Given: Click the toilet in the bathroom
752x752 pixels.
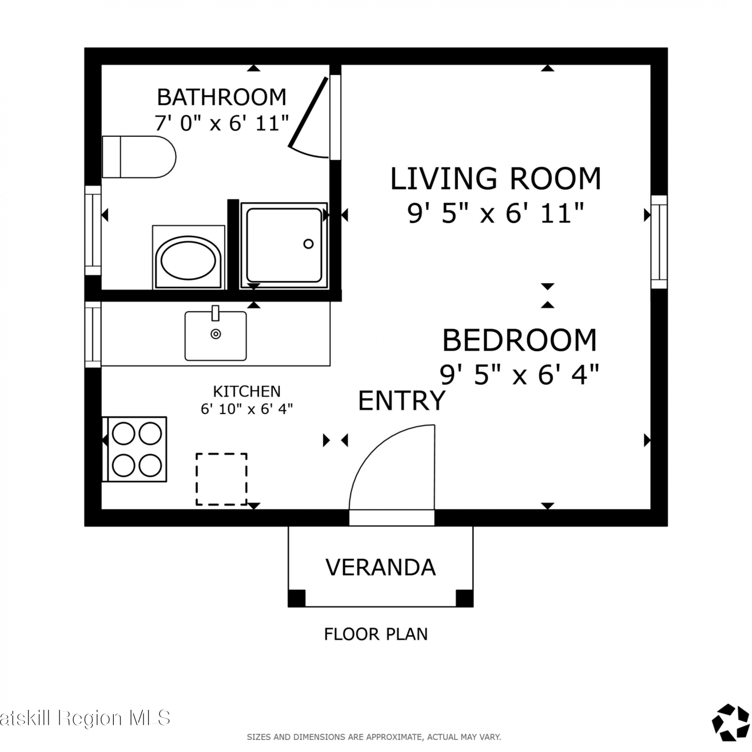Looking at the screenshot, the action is [x=139, y=156].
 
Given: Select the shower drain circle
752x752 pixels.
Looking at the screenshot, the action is [x=308, y=244].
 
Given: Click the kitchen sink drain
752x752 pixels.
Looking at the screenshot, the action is [x=216, y=334].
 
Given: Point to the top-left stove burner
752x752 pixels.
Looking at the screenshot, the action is [x=123, y=434].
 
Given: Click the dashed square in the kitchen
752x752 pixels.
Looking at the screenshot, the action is [x=221, y=479].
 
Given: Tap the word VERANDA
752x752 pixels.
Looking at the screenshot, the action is [x=381, y=568].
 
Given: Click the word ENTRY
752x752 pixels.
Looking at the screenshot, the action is [x=402, y=401].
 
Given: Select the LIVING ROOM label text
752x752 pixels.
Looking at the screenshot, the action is [x=496, y=179].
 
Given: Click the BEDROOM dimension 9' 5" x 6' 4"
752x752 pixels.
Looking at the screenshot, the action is [x=519, y=374].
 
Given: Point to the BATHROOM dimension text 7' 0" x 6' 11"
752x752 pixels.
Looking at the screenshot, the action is [x=222, y=123].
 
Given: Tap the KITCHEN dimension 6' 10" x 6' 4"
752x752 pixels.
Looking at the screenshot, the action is [x=247, y=409].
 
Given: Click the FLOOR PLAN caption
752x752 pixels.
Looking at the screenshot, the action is [x=376, y=634].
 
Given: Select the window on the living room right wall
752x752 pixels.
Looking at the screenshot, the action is [x=659, y=242].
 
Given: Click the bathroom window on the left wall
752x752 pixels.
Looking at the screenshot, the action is [x=93, y=230].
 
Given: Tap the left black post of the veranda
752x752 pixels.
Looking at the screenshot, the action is [x=297, y=598].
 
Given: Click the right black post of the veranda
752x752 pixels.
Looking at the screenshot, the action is [x=464, y=598].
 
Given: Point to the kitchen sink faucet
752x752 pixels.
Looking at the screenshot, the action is [x=216, y=313].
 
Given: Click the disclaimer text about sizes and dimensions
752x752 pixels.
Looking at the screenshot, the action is [x=374, y=737].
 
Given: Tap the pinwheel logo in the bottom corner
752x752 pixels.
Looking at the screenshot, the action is [x=731, y=723].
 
